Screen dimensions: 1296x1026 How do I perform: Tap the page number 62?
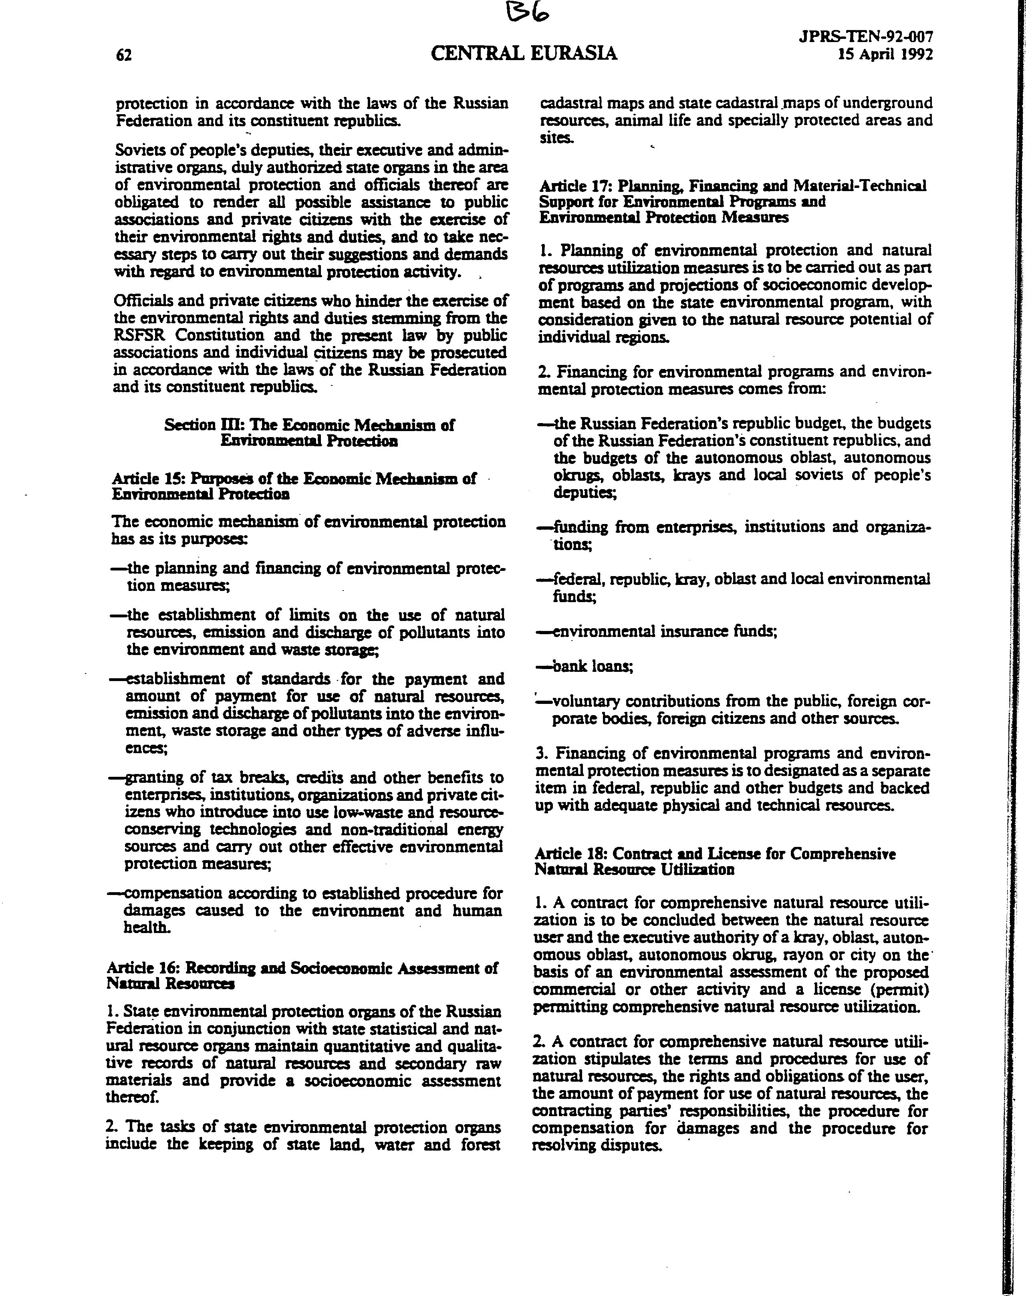tap(124, 55)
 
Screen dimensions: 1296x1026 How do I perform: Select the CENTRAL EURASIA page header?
tap(524, 54)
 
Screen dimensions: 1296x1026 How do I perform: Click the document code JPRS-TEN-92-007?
tap(866, 37)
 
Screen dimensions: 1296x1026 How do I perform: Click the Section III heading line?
tap(309, 425)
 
